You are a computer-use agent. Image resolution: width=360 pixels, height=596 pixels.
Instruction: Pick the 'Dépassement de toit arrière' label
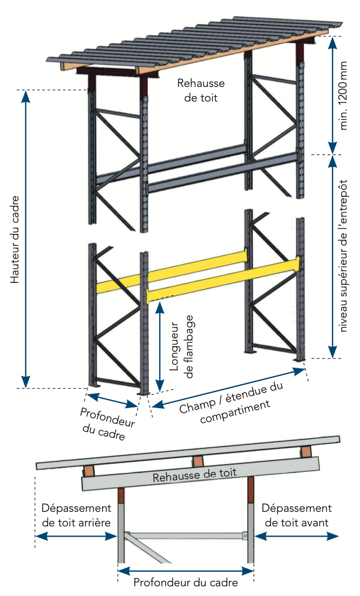point(76,515)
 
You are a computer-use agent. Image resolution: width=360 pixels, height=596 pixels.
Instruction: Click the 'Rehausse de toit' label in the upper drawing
point(201,90)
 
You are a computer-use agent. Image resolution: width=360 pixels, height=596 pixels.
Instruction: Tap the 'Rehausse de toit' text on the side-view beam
point(194,476)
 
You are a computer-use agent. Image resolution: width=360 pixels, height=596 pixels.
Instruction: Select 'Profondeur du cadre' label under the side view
point(186,583)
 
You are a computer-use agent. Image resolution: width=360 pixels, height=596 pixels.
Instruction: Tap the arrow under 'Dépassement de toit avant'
point(297,536)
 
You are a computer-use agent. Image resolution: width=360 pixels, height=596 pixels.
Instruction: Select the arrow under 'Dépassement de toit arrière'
point(76,536)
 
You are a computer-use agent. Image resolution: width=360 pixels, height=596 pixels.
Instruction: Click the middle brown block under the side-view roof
point(198,462)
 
